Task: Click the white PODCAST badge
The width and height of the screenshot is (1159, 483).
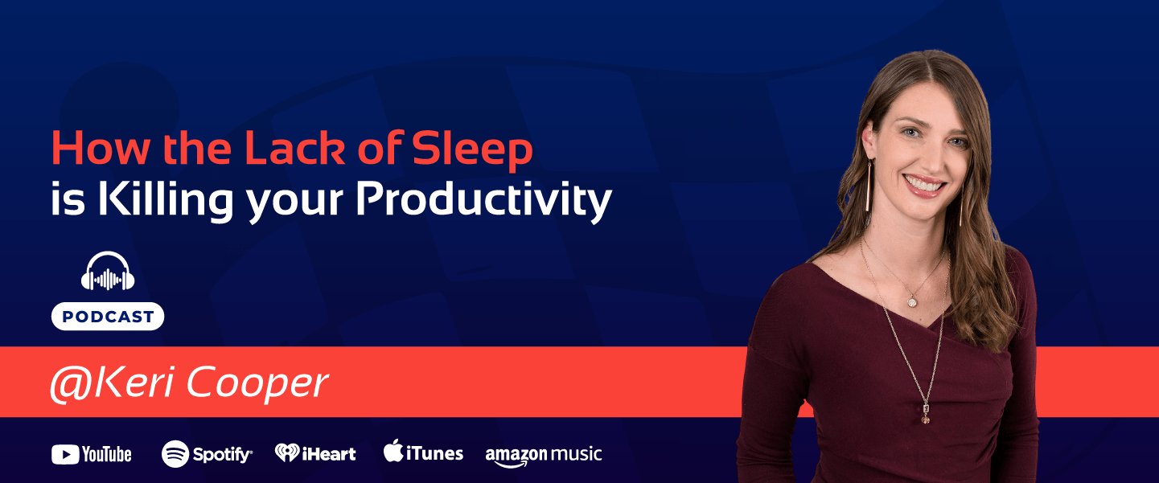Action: pos(108,317)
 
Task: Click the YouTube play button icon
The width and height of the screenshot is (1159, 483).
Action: pos(64,455)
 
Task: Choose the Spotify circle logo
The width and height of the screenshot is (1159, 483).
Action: pos(175,454)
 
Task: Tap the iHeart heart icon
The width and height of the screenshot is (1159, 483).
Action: pos(287,453)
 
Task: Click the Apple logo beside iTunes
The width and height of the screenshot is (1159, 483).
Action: pos(392,451)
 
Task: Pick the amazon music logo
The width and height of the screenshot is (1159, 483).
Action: pos(543,455)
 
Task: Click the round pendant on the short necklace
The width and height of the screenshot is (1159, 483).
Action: pos(912,301)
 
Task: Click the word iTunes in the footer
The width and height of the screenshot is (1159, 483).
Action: pos(434,454)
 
